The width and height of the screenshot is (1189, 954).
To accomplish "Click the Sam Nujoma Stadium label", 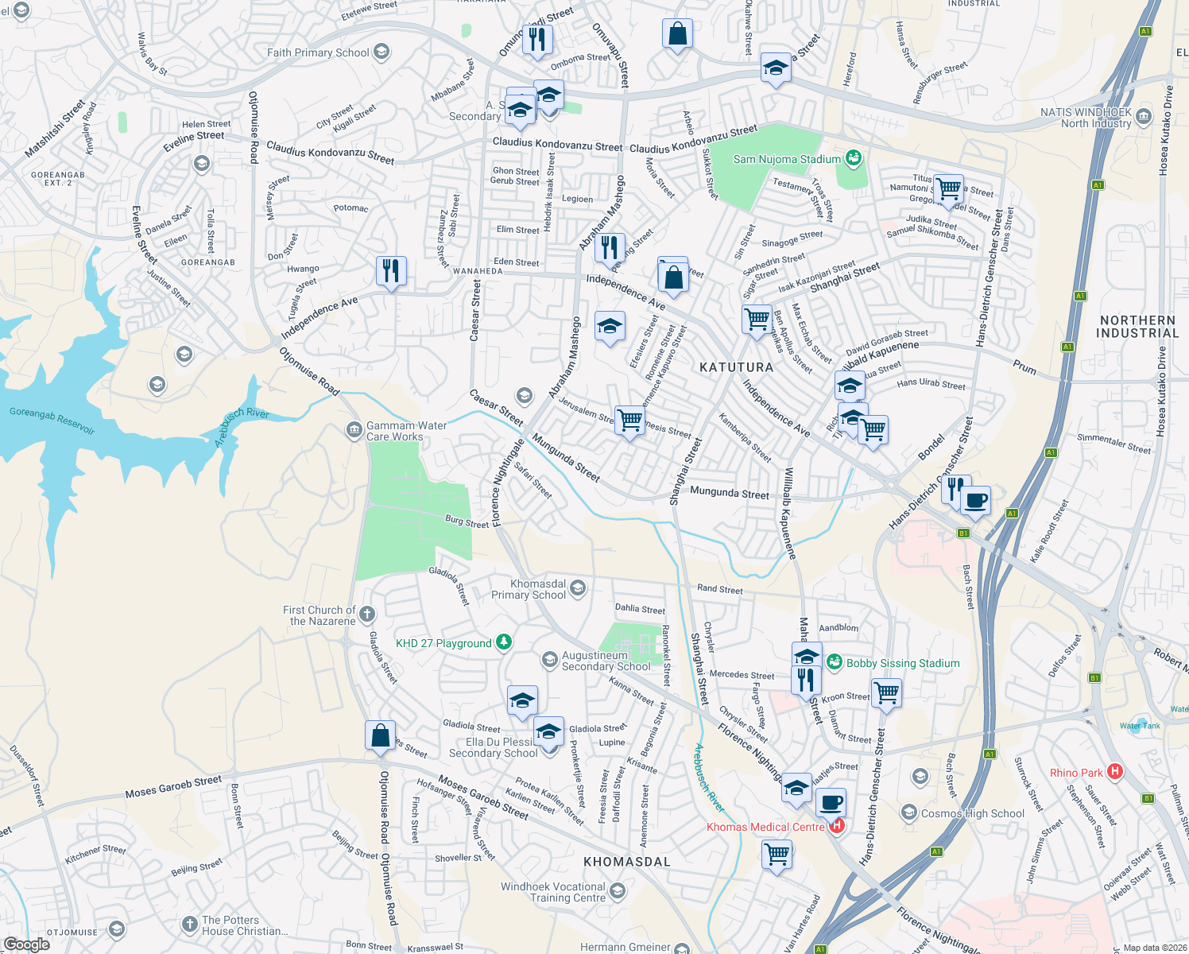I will (x=786, y=159).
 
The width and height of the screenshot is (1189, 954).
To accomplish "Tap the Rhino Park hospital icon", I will (x=1115, y=772).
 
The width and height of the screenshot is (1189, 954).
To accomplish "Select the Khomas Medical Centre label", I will (x=765, y=827).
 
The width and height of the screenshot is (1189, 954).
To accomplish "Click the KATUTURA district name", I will (x=736, y=367).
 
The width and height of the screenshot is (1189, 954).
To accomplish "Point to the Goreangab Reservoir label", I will (x=52, y=421).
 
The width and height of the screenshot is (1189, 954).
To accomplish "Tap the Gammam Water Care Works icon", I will (x=354, y=431).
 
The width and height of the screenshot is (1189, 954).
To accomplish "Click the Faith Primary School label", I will (x=318, y=52).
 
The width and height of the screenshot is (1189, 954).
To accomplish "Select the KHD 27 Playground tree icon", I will (x=503, y=642).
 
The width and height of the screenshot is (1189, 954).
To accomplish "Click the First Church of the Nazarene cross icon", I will (x=366, y=614).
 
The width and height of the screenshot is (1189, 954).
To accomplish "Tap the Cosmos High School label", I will (x=972, y=813).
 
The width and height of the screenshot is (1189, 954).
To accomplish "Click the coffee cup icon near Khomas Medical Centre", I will (x=831, y=803).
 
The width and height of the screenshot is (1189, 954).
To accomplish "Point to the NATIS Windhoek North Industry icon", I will (x=1143, y=117).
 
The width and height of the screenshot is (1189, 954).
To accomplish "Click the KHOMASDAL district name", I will (x=627, y=862).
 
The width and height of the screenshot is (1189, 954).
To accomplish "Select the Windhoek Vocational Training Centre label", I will (x=552, y=892).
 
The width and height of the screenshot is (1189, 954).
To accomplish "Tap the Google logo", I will (x=26, y=944).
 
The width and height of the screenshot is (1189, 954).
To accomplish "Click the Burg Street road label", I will (x=467, y=522).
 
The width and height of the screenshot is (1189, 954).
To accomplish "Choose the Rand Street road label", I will (x=719, y=589).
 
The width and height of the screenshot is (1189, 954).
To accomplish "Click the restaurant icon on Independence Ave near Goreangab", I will (x=390, y=271).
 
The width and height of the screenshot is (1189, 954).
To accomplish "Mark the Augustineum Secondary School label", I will (x=606, y=661).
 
